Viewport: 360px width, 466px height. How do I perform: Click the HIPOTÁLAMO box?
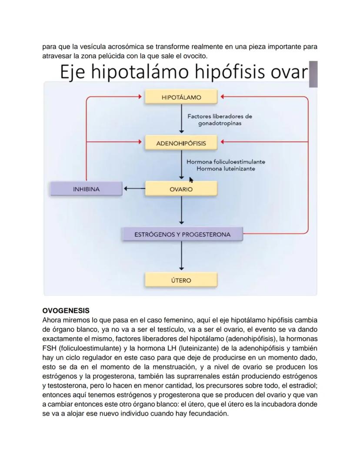[x=181, y=97]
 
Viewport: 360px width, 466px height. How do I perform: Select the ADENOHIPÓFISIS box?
[x=181, y=143]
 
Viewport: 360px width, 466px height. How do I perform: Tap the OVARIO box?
[x=181, y=189]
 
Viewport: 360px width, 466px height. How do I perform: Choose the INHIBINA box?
[x=86, y=189]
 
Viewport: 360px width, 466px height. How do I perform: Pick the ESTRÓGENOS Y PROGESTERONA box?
[x=182, y=235]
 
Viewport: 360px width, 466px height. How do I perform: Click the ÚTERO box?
[x=181, y=280]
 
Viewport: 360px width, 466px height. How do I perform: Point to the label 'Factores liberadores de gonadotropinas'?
[x=220, y=120]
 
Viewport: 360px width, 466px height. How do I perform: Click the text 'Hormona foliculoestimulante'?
[x=226, y=162]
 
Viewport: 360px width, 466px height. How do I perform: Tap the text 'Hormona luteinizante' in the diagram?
[x=226, y=169]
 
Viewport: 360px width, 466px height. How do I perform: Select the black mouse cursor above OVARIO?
[x=191, y=179]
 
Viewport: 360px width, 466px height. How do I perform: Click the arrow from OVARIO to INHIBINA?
[x=134, y=189]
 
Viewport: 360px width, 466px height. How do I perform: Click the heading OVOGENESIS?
[x=66, y=311]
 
